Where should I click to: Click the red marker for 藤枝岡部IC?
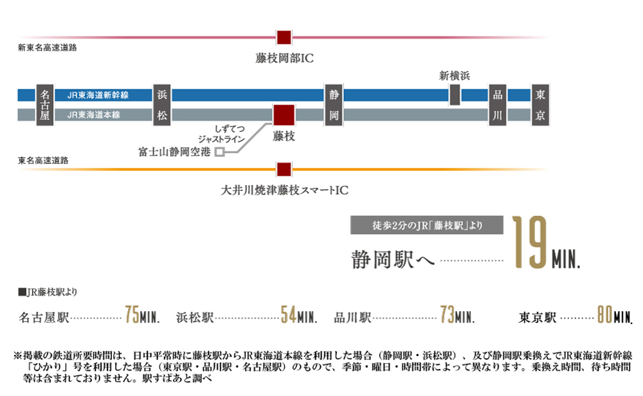[284, 37]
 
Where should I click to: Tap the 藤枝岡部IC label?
[284, 59]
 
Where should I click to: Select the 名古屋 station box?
[45, 105]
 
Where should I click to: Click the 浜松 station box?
[162, 105]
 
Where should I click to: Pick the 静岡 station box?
[334, 105]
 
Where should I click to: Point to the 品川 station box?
[498, 105]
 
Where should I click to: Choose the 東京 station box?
[540, 105]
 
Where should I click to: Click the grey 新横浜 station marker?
[455, 94]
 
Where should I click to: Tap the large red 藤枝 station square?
[284, 115]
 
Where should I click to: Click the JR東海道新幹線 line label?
[98, 95]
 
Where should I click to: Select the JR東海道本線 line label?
[93, 115]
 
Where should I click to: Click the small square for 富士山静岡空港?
[220, 152]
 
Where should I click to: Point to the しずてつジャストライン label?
[221, 134]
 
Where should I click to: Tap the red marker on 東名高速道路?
[284, 169]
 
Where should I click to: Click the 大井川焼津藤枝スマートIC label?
[285, 190]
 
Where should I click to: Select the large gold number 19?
[530, 242]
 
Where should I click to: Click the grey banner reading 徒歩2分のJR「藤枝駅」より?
[427, 225]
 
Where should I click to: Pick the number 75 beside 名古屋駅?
[132, 315]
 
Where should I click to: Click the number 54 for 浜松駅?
[288, 315]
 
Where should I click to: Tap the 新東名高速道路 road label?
[47, 48]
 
